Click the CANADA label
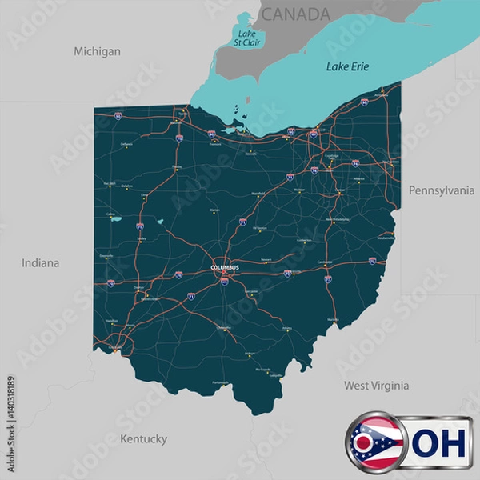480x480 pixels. (x=295, y=14)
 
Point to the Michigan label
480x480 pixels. (x=97, y=51)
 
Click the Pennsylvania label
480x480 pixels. (x=442, y=190)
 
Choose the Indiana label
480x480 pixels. (x=40, y=262)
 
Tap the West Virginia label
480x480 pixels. (x=376, y=386)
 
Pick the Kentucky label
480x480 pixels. (x=143, y=438)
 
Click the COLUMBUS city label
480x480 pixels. (x=225, y=267)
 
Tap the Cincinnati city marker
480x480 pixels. (x=117, y=349)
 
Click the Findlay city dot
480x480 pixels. (x=177, y=170)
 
